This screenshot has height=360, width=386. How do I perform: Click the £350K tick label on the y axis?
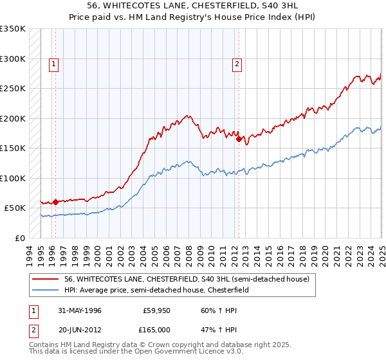[x=13, y=29]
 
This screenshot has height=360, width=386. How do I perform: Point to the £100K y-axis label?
[x=13, y=178]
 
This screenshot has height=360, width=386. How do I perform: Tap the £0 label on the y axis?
[x=19, y=238]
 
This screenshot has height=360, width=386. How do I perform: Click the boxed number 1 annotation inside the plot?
[x=53, y=64]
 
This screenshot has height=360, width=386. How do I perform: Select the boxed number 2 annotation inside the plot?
[x=237, y=64]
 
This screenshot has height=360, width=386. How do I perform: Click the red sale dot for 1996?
[x=55, y=202]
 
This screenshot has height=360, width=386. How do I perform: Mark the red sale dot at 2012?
[x=239, y=139]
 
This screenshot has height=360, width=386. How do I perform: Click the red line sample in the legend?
[x=46, y=280]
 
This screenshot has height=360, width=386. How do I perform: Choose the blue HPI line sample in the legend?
[x=46, y=290]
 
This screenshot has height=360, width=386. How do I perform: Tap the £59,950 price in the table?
[x=156, y=310]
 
